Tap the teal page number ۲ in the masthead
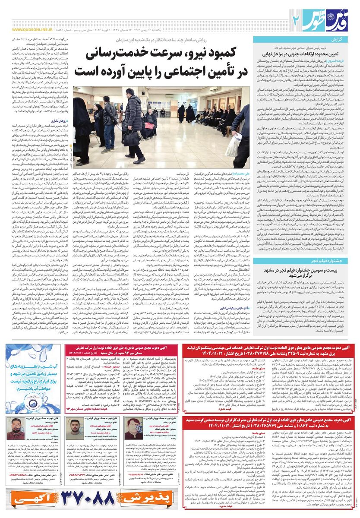tap(296, 19)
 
